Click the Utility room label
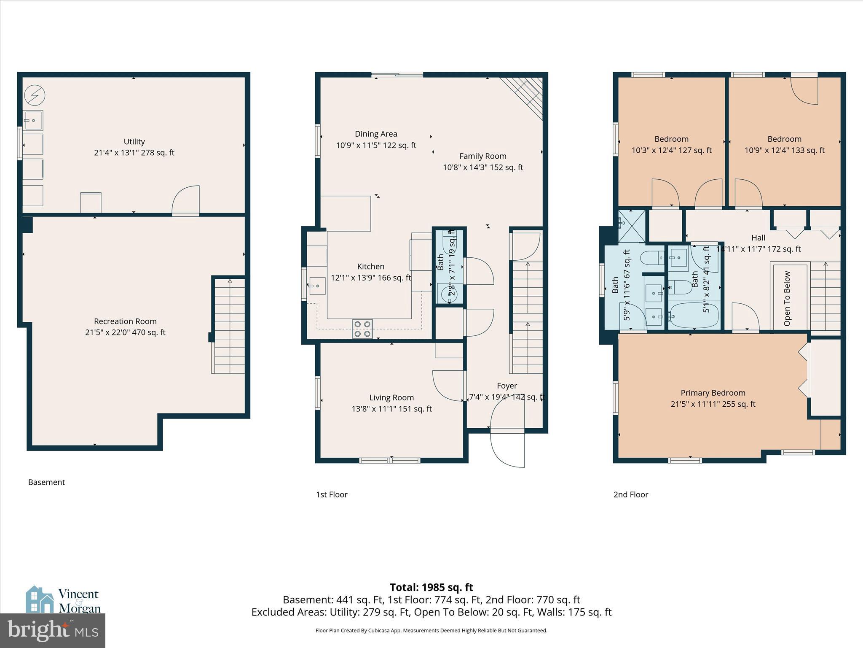134,142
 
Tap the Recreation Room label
125,321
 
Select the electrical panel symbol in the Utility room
35,95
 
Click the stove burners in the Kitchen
362,329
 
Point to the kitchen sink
317,286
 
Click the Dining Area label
376,134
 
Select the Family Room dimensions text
483,167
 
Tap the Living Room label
391,398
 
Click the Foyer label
507,386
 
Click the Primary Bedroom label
713,393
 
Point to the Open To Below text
787,298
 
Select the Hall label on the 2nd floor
758,238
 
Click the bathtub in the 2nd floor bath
694,316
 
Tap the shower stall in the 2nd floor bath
632,226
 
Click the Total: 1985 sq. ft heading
431,587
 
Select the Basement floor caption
46,482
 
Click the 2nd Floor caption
630,494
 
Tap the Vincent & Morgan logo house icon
40,599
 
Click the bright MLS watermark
53,630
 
